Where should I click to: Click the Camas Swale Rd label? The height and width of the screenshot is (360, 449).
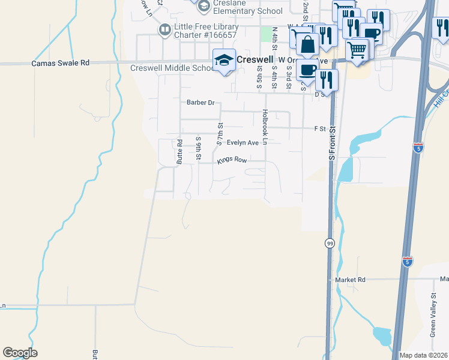(x=61, y=62)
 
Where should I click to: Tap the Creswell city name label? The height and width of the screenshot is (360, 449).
(x=255, y=60)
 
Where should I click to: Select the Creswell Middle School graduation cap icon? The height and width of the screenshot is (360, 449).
(x=224, y=59)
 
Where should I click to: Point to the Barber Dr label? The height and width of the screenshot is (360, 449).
(x=200, y=103)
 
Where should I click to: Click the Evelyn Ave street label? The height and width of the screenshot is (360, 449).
(x=243, y=143)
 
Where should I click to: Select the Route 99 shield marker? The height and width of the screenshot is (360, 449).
(x=330, y=244)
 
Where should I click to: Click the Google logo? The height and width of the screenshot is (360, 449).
(x=20, y=353)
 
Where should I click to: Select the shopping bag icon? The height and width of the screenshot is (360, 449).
(x=307, y=45)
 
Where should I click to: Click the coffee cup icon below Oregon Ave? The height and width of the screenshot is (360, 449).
(x=307, y=70)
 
